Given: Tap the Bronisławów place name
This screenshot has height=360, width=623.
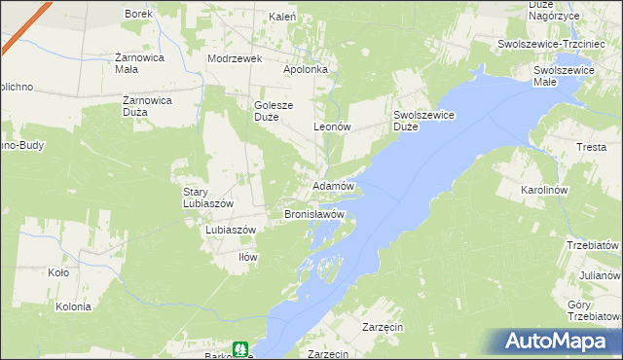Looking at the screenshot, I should click(x=314, y=213).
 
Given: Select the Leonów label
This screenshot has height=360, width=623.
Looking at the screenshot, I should click(x=331, y=127).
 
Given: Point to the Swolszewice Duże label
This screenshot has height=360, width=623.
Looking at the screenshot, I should click(x=424, y=120).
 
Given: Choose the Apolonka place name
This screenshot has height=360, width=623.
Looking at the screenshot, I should click(x=311, y=70).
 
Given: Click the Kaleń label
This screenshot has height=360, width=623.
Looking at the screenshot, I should click(x=282, y=17).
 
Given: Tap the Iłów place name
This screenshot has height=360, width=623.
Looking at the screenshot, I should click(x=247, y=257).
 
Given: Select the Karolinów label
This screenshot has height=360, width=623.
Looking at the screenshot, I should click(x=544, y=190).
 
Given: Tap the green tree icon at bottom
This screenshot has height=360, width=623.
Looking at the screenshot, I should click(x=239, y=348).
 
